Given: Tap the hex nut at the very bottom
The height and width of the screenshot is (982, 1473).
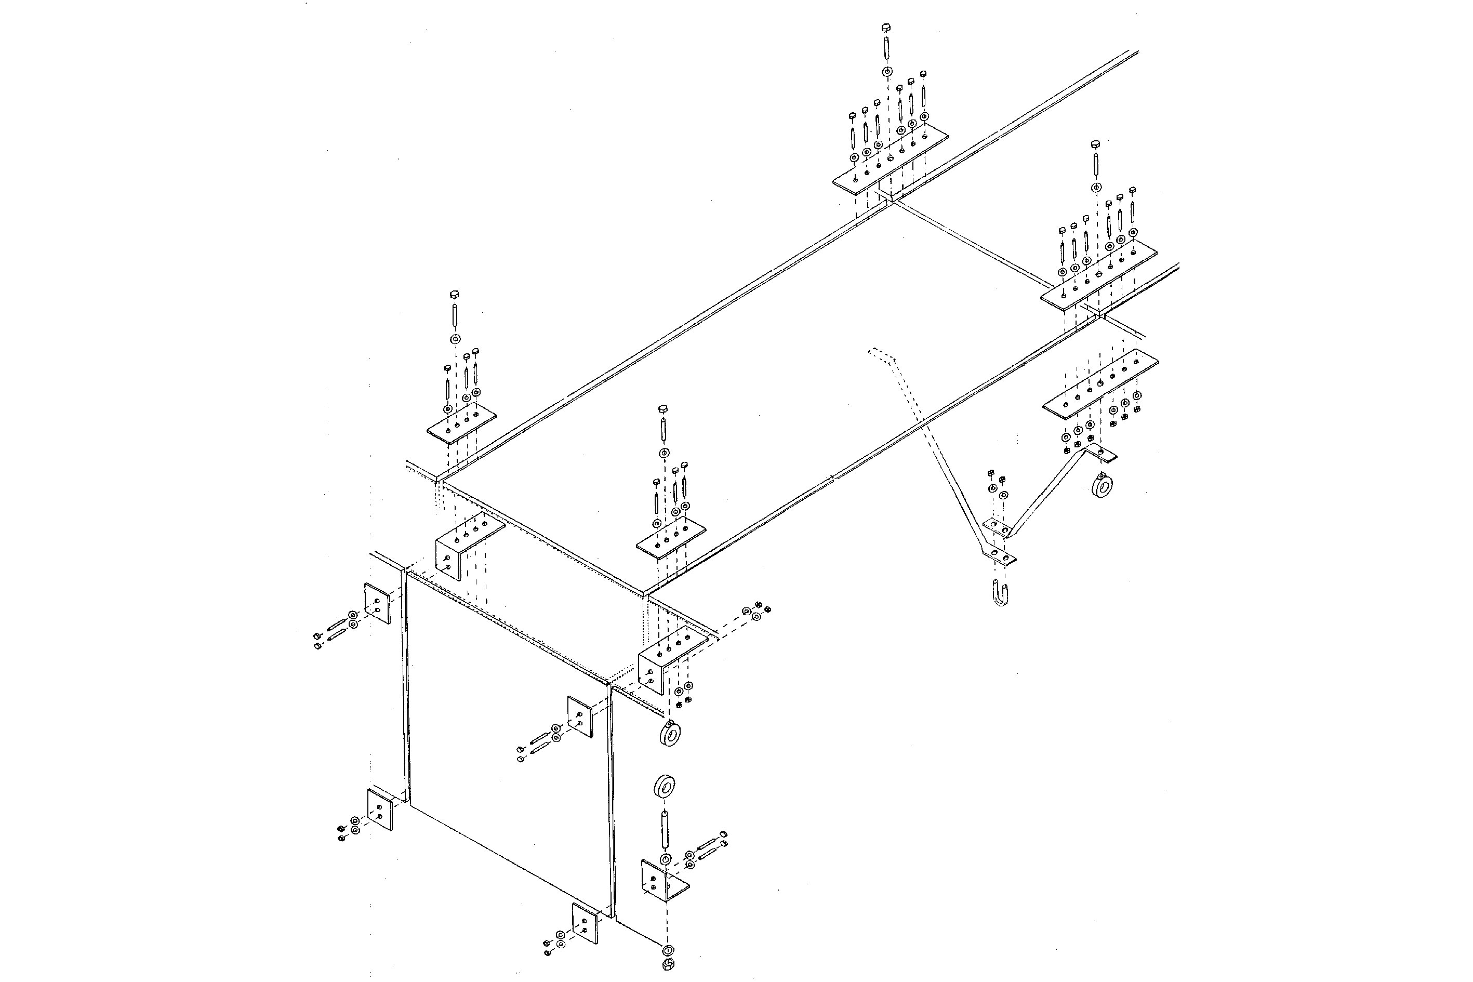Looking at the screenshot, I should [x=668, y=964].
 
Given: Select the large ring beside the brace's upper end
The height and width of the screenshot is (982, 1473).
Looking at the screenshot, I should [x=1101, y=486].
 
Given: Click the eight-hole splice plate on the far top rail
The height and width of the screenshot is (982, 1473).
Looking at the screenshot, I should [x=890, y=161].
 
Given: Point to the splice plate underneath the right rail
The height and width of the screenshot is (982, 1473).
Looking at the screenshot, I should [x=1100, y=384].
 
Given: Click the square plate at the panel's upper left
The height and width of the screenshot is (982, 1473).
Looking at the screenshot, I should [x=378, y=604].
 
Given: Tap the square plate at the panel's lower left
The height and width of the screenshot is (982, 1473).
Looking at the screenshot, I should [x=379, y=809].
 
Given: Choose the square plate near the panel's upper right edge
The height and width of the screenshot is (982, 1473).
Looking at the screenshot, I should [x=580, y=717].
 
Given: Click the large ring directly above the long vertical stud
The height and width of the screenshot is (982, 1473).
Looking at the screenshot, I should [x=664, y=786].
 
